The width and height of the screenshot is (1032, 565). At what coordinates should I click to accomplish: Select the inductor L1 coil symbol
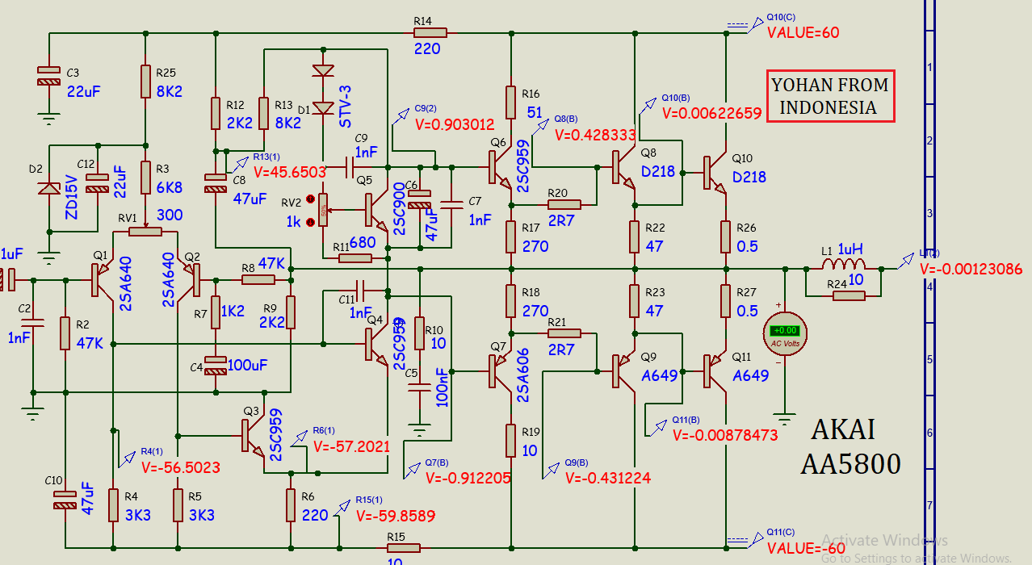click(843, 267)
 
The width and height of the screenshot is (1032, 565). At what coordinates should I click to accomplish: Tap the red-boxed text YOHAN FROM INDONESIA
click(830, 96)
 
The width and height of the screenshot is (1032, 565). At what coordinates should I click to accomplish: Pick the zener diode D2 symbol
click(50, 189)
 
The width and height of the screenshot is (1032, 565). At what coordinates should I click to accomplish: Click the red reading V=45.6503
click(289, 172)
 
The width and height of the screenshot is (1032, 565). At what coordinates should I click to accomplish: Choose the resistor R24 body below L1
click(843, 295)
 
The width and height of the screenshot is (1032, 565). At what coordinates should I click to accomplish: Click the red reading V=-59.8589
click(395, 516)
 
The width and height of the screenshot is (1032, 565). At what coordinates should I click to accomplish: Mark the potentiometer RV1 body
click(145, 232)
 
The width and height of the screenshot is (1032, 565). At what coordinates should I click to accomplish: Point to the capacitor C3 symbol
click(49, 76)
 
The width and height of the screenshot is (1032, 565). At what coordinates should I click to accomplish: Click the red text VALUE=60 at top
click(803, 33)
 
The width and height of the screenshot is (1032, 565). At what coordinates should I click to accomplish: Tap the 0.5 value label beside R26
click(747, 246)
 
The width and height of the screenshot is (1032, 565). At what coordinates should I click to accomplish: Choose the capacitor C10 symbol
click(64, 500)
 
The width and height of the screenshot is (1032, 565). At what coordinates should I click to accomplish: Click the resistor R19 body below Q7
click(510, 440)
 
